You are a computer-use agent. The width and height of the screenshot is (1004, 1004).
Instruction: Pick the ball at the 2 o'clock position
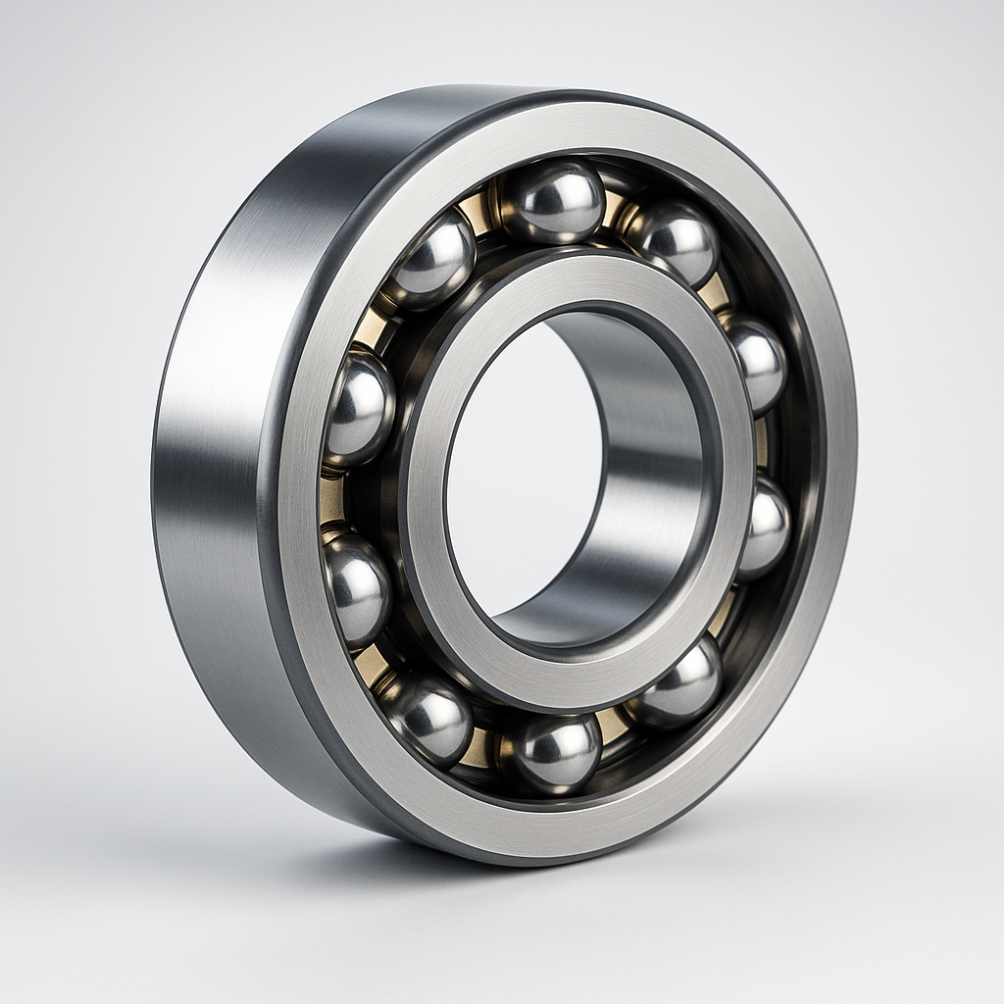pyautogui.click(x=756, y=363)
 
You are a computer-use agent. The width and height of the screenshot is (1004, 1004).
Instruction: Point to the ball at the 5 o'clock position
pyautogui.click(x=683, y=682)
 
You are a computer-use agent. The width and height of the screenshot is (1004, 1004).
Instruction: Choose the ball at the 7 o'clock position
pyautogui.click(x=427, y=718)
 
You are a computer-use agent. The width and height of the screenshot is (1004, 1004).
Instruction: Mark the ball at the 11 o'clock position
pyautogui.click(x=434, y=259)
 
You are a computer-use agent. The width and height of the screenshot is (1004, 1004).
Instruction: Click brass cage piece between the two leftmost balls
pyautogui.click(x=332, y=499)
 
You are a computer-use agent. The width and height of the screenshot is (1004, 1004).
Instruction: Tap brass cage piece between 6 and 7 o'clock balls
pyautogui.click(x=477, y=748)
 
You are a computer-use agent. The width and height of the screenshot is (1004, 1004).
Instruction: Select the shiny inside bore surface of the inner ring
pyautogui.click(x=647, y=471)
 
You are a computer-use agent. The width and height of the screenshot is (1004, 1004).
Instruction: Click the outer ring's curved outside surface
pyautogui.click(x=211, y=471)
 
